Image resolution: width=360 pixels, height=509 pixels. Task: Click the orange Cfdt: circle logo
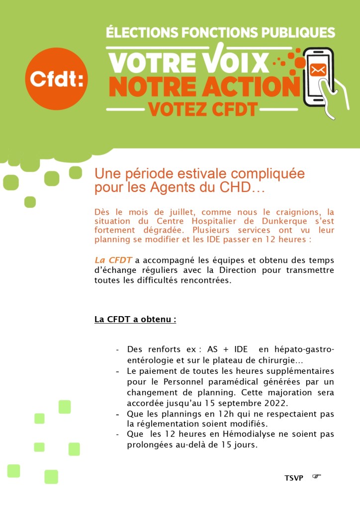56,79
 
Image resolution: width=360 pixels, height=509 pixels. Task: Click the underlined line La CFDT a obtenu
135,319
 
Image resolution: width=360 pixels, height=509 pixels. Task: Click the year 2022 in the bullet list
287,403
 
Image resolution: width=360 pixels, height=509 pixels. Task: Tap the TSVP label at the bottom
294,478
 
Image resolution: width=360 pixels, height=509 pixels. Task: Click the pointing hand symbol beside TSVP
317,477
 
